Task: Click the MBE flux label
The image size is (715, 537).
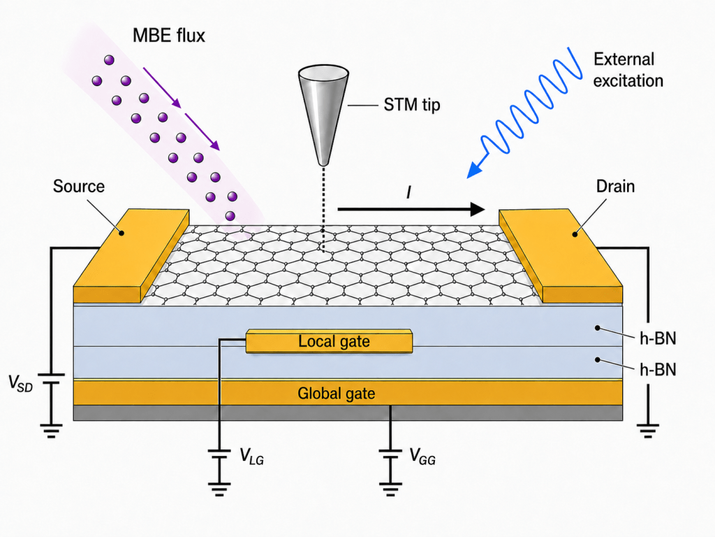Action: (169, 36)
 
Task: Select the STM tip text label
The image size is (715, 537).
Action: (412, 105)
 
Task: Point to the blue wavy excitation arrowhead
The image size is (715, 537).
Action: (475, 169)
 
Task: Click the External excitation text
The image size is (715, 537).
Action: (628, 70)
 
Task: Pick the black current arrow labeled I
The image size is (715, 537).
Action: (411, 209)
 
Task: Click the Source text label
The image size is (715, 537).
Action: (78, 186)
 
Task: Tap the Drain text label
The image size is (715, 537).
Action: (615, 186)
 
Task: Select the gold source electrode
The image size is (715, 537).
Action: (132, 256)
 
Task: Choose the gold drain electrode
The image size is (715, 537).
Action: (561, 256)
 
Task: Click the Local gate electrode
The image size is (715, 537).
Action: (330, 341)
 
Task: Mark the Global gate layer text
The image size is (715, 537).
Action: (336, 393)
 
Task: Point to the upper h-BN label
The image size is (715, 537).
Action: (658, 338)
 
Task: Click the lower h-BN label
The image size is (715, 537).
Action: (658, 369)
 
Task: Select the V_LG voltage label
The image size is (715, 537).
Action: (251, 456)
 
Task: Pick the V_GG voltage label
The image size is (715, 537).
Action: (422, 456)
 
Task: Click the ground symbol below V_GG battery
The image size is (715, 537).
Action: (390, 489)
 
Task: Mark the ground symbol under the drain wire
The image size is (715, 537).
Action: (648, 431)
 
